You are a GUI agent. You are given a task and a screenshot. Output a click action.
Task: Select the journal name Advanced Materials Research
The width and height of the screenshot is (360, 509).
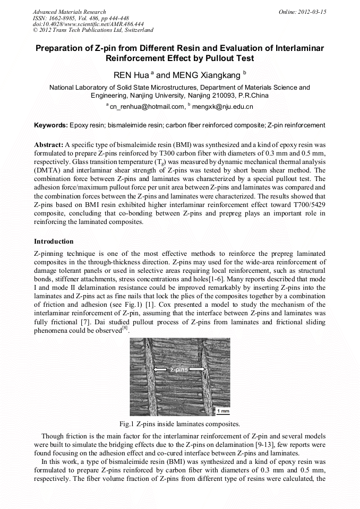click(69, 12)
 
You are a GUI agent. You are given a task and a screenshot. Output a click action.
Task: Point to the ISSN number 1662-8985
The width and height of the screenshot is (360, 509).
click(66, 18)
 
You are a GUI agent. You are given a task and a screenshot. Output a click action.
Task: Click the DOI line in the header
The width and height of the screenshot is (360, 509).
click(88, 24)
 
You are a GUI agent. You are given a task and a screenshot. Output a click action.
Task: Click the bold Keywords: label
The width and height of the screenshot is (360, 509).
click(51, 125)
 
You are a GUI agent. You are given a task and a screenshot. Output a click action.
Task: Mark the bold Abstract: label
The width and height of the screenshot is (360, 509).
click(49, 144)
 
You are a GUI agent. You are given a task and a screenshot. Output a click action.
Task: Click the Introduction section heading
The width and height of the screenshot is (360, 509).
click(54, 241)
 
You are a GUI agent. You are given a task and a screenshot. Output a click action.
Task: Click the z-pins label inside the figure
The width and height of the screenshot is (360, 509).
click(179, 369)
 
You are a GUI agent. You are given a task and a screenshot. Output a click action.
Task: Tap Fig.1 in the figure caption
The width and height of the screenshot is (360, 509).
click(127, 424)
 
